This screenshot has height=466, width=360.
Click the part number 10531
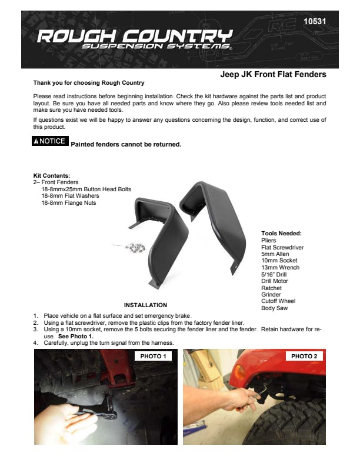[314, 22]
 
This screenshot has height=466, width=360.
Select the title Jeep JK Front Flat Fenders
[273, 75]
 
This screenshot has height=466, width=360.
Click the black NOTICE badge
[51, 141]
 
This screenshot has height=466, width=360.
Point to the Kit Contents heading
[52, 175]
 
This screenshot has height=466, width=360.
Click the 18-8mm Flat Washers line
[69, 196]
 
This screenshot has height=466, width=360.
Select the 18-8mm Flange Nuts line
[68, 203]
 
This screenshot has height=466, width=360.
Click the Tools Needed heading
[281, 233]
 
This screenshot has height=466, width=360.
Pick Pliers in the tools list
[268, 240]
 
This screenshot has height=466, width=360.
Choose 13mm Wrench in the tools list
[280, 268]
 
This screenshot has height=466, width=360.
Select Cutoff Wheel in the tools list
[279, 301]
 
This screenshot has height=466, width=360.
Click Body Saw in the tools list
[275, 308]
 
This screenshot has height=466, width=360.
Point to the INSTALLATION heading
[145, 305]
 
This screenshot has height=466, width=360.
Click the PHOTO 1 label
[154, 357]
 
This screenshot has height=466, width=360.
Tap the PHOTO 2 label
[304, 357]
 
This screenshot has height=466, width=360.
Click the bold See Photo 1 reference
[76, 337]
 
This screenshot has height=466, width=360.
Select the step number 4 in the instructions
[35, 342]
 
